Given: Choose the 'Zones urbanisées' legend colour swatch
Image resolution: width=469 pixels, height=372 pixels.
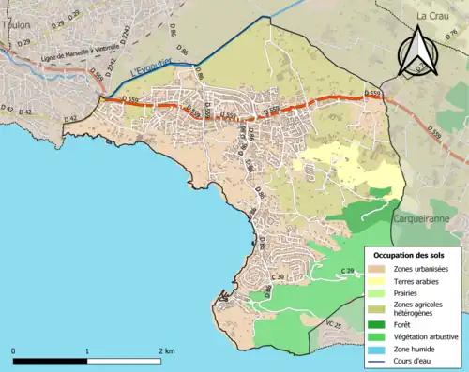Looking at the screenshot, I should tap(376, 269).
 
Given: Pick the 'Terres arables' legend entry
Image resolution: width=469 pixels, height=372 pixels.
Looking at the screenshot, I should tap(419, 280).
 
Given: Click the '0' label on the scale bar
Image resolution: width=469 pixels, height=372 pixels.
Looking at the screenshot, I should tap(14, 351).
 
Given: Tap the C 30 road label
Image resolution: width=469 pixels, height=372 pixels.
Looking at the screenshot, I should tap(278, 277).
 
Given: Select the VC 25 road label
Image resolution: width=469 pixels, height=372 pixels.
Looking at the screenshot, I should tap(333, 324).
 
